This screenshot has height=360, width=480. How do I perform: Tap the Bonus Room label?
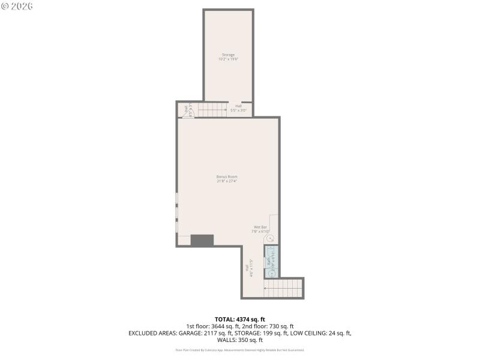(x=227, y=176)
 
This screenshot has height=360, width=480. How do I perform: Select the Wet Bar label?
(x=260, y=227)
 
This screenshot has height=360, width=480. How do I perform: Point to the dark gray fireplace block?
(x=202, y=240)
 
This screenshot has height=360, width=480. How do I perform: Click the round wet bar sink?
(x=270, y=238)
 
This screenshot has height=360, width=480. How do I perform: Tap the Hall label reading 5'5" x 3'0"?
(x=238, y=110)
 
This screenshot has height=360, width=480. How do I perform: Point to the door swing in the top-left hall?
(x=185, y=113)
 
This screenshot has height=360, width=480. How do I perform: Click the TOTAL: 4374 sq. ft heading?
(x=239, y=319)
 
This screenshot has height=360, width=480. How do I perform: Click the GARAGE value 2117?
(x=221, y=332)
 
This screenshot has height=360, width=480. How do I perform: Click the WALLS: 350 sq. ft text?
(x=239, y=339)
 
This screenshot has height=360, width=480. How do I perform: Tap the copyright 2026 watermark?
(x=18, y=6)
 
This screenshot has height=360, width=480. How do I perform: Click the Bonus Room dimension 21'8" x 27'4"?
(x=227, y=181)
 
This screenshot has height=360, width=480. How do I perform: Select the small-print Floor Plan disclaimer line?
(x=239, y=350)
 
